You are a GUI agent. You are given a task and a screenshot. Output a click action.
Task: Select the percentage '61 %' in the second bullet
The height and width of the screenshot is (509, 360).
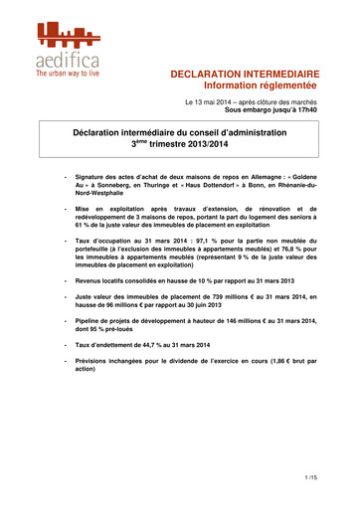[x=84, y=225]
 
